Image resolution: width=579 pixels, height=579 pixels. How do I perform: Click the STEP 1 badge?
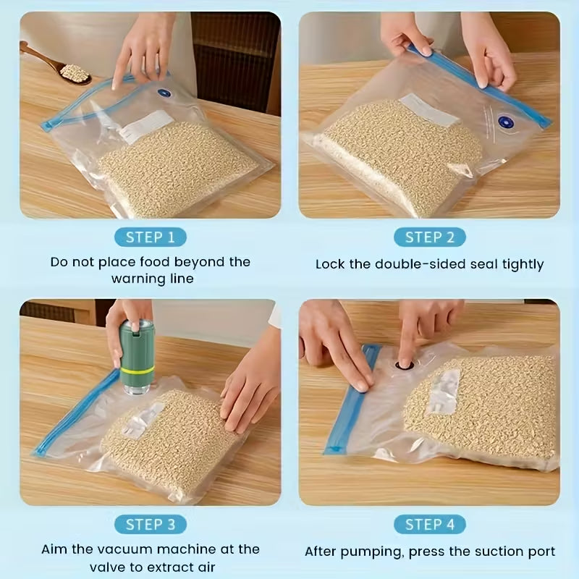tap(150, 237)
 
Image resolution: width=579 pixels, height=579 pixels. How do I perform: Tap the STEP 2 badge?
tap(429, 237)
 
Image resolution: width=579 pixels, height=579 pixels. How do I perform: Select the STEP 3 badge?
tap(150, 524)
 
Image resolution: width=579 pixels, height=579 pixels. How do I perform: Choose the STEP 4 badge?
tap(429, 524)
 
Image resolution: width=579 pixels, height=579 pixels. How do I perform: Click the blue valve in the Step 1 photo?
tap(163, 93)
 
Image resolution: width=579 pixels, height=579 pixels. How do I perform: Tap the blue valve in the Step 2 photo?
tap(505, 123)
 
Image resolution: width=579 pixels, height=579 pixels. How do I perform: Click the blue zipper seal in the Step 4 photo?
tap(352, 398)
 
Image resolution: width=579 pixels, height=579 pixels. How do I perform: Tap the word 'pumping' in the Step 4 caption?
tap(379, 552)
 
